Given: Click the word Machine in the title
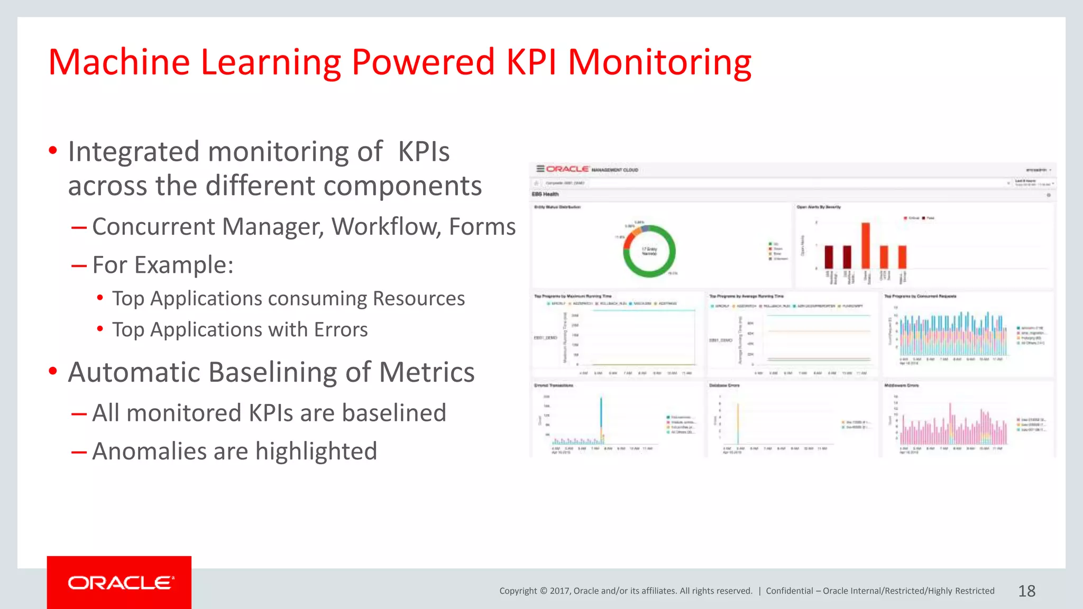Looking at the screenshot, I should (x=119, y=62).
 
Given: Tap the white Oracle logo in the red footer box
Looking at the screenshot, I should (x=120, y=583).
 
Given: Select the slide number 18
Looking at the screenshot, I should (x=1026, y=591).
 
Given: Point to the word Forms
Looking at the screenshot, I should (x=482, y=227).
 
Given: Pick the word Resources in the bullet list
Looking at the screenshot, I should (x=419, y=299).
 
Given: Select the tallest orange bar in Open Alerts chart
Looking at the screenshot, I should (x=866, y=246).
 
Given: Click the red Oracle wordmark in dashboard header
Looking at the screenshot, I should (x=567, y=169).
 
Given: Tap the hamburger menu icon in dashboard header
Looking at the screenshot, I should (x=540, y=169).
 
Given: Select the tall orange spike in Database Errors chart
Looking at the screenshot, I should (x=738, y=423).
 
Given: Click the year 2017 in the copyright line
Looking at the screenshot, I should (x=559, y=591).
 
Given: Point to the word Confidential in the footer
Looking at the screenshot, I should (x=789, y=591).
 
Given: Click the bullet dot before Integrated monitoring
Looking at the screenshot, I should (x=53, y=151).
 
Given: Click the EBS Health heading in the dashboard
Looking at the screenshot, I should (x=545, y=194).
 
